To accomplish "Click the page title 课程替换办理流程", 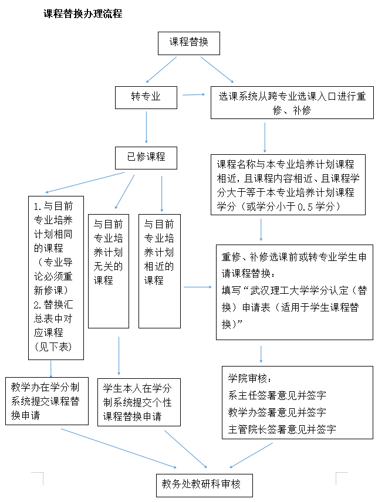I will click(83, 13).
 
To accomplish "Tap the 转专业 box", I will click(146, 96).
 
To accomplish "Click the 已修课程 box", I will click(146, 157).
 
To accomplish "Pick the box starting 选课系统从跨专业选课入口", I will click(292, 103).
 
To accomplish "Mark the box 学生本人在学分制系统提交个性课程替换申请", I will click(139, 402).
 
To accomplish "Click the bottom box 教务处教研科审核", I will click(205, 485).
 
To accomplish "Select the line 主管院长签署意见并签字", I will click(282, 429).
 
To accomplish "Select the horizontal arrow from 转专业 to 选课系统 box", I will click(194, 94).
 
